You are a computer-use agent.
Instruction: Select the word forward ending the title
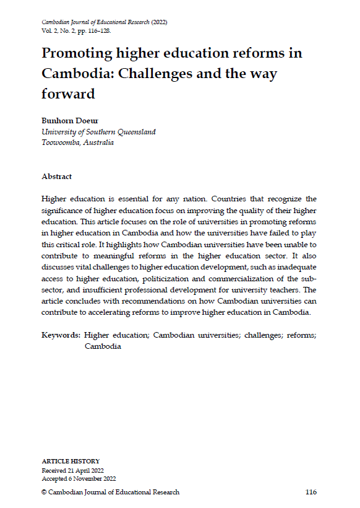tap(69, 94)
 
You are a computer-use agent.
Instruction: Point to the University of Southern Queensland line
tap(98, 132)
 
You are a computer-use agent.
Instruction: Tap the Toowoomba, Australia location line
tap(78, 142)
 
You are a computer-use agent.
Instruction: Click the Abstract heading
tap(56, 177)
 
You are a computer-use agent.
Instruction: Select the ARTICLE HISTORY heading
tap(70, 462)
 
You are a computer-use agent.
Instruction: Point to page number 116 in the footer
tap(311, 492)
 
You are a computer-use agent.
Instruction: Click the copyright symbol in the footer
tap(45, 492)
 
